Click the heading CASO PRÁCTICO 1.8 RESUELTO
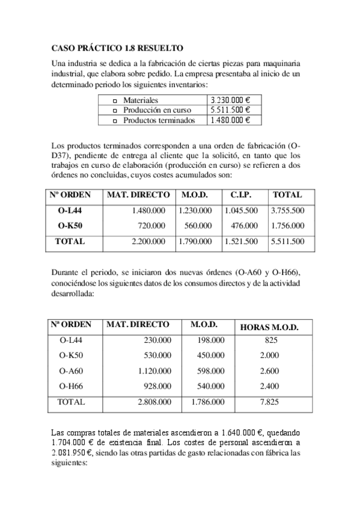click(x=118, y=47)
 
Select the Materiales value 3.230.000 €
click(x=230, y=100)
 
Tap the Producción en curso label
click(x=157, y=110)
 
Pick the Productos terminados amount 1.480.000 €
click(x=230, y=120)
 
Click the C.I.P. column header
click(x=240, y=195)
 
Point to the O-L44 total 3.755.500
click(x=287, y=210)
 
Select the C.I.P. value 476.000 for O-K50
click(x=243, y=226)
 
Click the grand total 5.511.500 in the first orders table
click(x=287, y=242)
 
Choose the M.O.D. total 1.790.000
click(x=195, y=242)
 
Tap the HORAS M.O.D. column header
click(x=269, y=327)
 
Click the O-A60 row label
click(x=72, y=371)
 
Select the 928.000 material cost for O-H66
click(x=158, y=386)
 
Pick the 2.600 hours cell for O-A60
click(x=269, y=371)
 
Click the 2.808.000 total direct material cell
click(x=154, y=402)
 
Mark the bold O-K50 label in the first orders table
click(x=70, y=226)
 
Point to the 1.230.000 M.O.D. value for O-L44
click(x=195, y=210)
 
